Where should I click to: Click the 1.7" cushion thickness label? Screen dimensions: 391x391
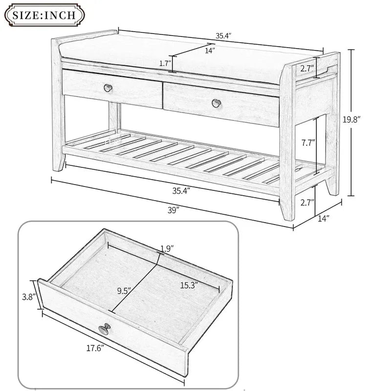pos(165,63)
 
